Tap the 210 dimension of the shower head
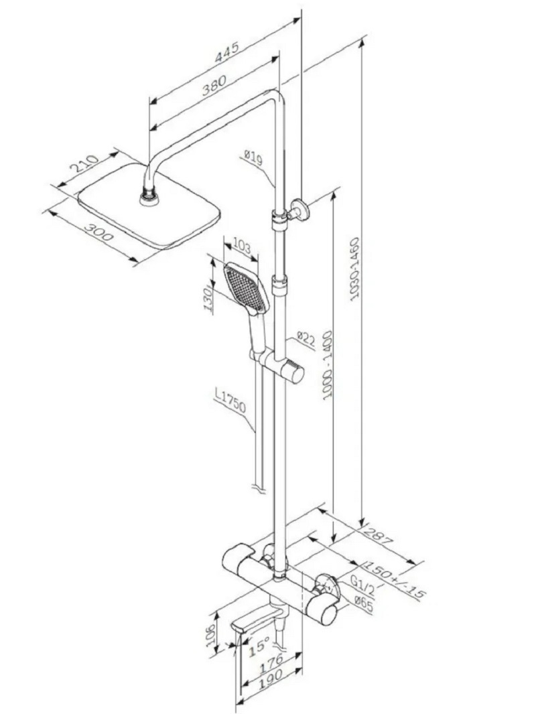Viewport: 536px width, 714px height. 84,163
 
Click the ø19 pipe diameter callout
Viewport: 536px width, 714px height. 253,157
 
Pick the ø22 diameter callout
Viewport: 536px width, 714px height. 306,338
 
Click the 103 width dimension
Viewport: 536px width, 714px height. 242,247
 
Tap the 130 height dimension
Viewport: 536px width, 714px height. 209,299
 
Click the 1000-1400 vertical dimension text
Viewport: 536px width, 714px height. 328,365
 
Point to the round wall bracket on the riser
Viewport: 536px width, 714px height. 299,209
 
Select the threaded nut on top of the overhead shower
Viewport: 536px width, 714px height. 149,198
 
